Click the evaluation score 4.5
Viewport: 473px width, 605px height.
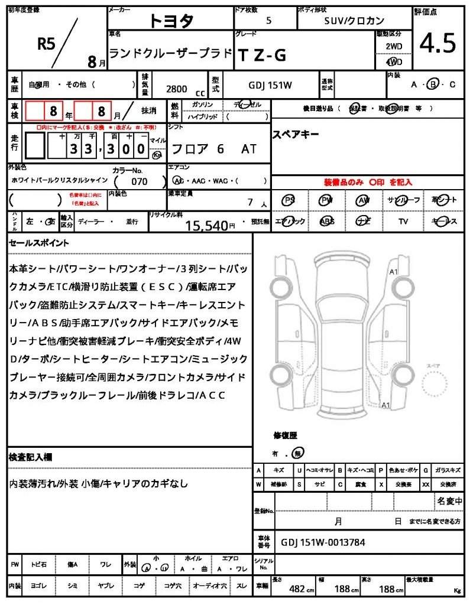pyautogui.click(x=438, y=43)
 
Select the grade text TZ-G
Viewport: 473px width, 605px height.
pyautogui.click(x=261, y=55)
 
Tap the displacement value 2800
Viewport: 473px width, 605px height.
pyautogui.click(x=177, y=89)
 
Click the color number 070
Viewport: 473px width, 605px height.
pyautogui.click(x=140, y=181)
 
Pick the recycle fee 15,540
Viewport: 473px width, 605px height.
pyautogui.click(x=207, y=225)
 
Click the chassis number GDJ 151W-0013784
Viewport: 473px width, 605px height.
pyautogui.click(x=323, y=543)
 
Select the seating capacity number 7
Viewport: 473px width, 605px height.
pyautogui.click(x=250, y=203)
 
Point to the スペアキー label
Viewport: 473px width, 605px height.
pyautogui.click(x=296, y=135)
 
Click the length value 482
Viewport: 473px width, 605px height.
pyautogui.click(x=297, y=588)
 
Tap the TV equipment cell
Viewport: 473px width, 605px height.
pyautogui.click(x=403, y=221)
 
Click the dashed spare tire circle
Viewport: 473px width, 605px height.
pyautogui.click(x=438, y=387)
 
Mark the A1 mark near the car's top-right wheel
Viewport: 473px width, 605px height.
pyautogui.click(x=393, y=272)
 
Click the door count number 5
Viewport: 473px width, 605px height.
pyautogui.click(x=269, y=20)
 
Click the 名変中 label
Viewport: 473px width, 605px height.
pyautogui.click(x=450, y=501)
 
